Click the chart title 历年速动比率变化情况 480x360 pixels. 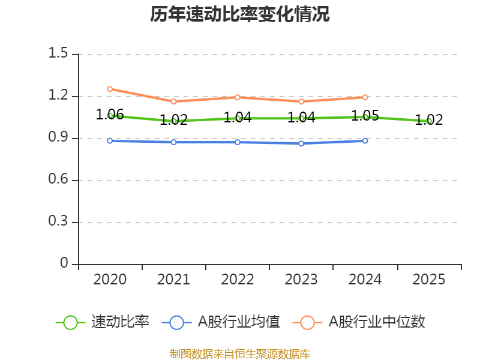click(x=240, y=14)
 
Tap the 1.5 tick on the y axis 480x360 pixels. click(x=58, y=54)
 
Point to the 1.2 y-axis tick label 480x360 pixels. click(x=58, y=96)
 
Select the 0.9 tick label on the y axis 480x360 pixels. click(x=58, y=138)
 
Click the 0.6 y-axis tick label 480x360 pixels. click(x=58, y=180)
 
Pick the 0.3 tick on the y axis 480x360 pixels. click(x=58, y=222)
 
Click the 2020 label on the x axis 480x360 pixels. click(x=110, y=280)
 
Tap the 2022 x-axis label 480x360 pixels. click(x=238, y=280)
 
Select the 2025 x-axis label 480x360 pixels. click(x=429, y=280)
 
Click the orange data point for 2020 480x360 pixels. click(x=110, y=89)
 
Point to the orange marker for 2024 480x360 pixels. click(x=365, y=97)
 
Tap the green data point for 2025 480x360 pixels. click(x=430, y=121)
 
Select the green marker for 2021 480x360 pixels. click(x=174, y=121)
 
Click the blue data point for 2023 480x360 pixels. click(x=301, y=143)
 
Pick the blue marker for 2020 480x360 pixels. click(x=110, y=140)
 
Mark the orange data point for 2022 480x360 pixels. click(x=238, y=97)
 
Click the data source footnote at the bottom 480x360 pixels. click(x=240, y=353)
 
